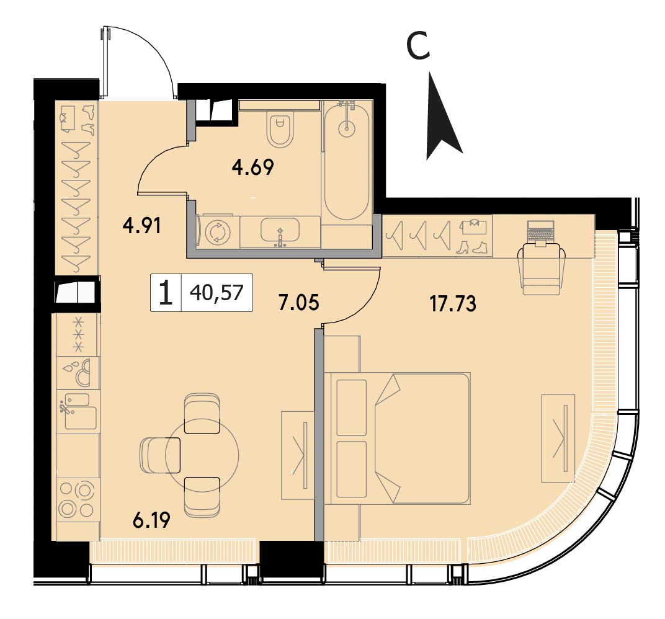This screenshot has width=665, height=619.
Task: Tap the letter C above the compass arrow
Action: tap(418, 46)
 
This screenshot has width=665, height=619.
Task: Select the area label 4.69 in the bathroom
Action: tap(252, 167)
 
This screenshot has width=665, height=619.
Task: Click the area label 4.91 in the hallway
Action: tap(141, 226)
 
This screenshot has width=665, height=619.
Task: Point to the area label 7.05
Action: tap(299, 303)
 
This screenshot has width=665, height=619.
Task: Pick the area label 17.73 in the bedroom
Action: tap(453, 303)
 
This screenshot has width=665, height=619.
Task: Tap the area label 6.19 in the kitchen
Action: tap(151, 520)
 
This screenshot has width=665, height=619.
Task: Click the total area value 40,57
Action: tap(216, 293)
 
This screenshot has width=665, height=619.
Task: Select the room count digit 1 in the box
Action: tap(166, 293)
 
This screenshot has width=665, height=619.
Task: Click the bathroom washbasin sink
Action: tap(280, 231)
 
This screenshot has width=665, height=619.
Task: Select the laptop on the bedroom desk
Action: tap(540, 233)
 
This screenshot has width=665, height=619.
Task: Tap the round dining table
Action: tap(202, 455)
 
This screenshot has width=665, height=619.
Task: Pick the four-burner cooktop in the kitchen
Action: tap(77, 501)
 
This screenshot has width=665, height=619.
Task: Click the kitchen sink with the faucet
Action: tap(77, 411)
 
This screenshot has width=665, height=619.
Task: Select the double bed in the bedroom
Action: tap(398, 439)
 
